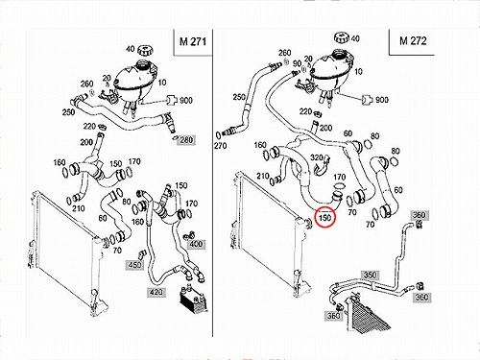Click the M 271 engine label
(x=193, y=41)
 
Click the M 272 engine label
(x=413, y=41)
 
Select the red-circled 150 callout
(x=324, y=218)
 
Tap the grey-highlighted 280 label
(x=186, y=140)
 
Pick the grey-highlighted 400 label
(x=196, y=244)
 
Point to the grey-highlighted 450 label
(x=134, y=265)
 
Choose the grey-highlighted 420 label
(x=156, y=292)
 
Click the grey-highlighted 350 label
(x=370, y=275)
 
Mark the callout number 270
(x=221, y=146)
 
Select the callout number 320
(x=317, y=157)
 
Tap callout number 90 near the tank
(x=298, y=63)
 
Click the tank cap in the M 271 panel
(x=145, y=51)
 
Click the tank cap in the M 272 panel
(x=342, y=37)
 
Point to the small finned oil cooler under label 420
(x=193, y=300)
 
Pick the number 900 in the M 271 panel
(x=186, y=101)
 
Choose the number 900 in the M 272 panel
(x=382, y=100)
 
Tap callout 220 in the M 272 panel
(x=305, y=111)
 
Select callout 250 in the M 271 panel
(x=68, y=112)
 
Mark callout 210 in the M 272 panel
(x=263, y=176)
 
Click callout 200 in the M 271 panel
(x=86, y=142)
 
